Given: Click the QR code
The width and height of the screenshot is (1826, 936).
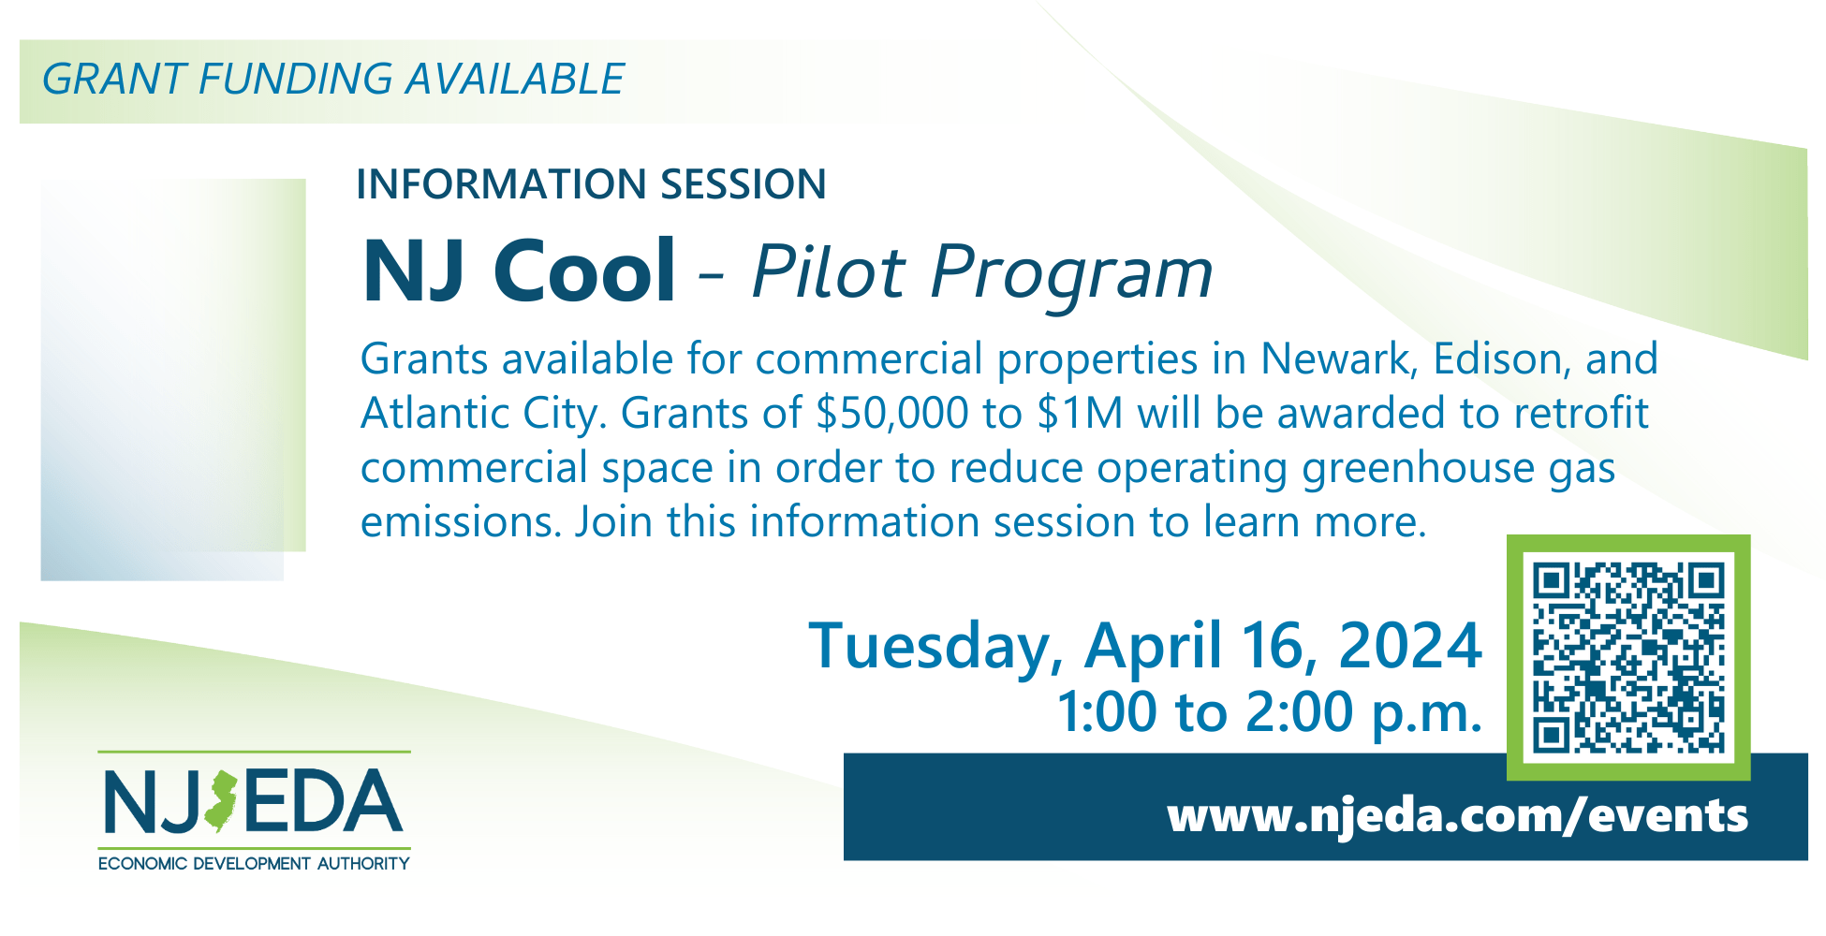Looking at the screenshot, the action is click(x=1628, y=657).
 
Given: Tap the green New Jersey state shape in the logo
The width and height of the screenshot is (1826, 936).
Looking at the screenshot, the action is click(x=221, y=802).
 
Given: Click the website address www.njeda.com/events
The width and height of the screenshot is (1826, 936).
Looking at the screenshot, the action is click(x=1457, y=815).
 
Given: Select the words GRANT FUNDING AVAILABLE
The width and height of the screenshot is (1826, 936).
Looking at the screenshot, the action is click(x=333, y=79).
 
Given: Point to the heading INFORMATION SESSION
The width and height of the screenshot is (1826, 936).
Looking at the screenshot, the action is click(x=591, y=183).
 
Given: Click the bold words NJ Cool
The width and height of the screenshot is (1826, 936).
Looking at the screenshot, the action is click(x=519, y=271).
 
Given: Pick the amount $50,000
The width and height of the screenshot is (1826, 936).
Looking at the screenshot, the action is click(x=891, y=413).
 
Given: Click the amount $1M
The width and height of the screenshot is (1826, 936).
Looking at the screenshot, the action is click(x=1080, y=413).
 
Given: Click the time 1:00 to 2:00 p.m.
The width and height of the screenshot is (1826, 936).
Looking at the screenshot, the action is click(x=1269, y=713).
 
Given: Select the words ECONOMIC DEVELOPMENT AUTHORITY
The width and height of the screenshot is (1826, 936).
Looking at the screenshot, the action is click(x=254, y=863).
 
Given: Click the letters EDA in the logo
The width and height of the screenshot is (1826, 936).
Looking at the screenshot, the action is click(x=323, y=801).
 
